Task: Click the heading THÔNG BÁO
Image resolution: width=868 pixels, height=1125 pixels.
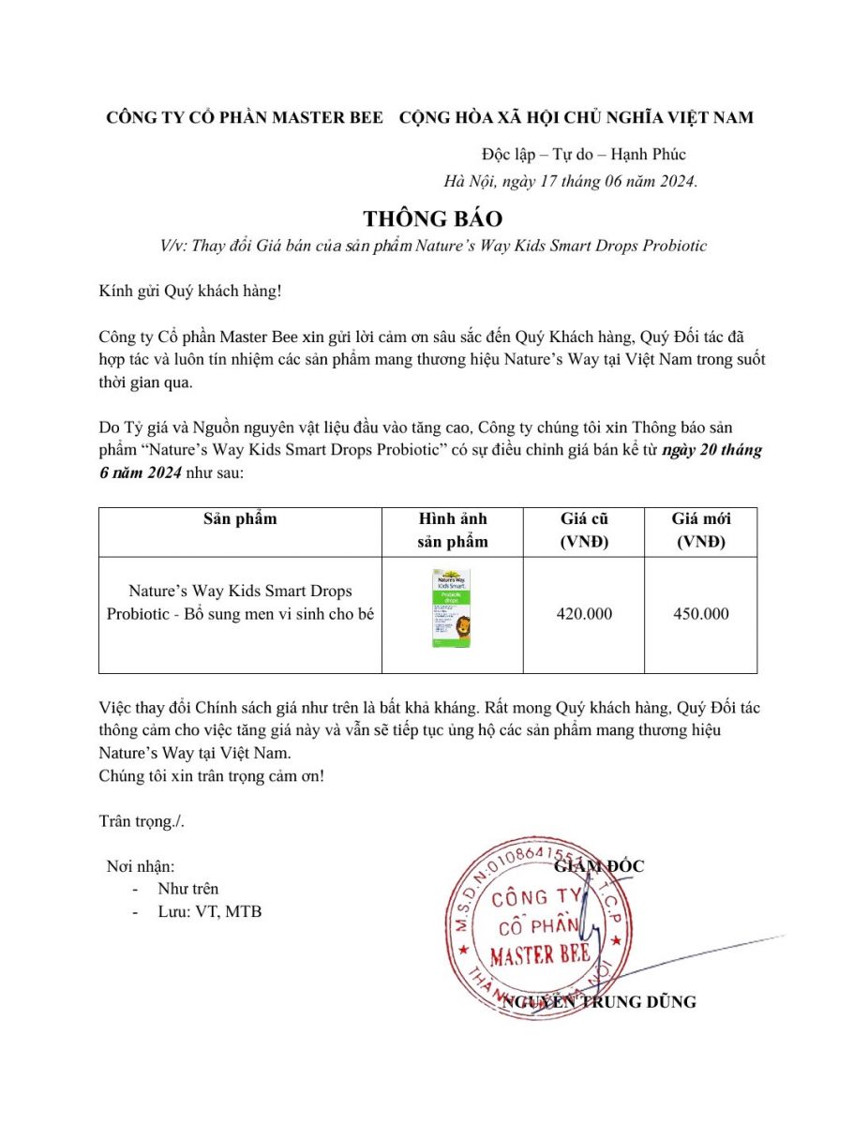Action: [x=433, y=218]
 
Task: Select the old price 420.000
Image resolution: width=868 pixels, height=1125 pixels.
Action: [x=584, y=614]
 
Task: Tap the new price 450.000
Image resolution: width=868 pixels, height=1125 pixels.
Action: [x=701, y=614]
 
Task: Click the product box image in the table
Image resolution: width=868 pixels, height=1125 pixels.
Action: [x=452, y=607]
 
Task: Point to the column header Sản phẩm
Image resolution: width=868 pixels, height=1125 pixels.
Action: [x=240, y=518]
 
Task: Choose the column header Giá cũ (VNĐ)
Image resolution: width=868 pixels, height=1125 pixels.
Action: [x=584, y=530]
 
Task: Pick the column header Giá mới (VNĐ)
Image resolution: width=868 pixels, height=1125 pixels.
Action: [x=701, y=530]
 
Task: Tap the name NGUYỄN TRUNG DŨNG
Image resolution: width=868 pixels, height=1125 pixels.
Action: [x=600, y=1002]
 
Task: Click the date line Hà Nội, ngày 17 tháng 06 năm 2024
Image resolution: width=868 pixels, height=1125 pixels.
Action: [x=571, y=181]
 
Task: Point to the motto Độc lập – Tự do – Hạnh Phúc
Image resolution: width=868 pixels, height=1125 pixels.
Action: [x=583, y=154]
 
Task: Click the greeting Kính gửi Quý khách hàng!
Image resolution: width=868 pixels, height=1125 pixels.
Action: [x=190, y=290]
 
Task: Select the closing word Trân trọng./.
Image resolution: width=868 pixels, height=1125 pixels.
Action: [x=142, y=821]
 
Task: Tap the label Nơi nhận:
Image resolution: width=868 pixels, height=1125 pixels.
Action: [x=141, y=866]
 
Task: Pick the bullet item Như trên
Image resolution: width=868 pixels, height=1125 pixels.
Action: [x=188, y=888]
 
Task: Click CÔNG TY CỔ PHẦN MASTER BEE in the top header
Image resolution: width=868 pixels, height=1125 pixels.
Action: [x=245, y=117]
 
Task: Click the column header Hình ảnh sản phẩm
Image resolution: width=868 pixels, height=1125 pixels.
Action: [x=452, y=530]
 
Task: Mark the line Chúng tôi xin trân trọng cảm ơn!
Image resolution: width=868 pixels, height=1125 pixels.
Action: [x=212, y=776]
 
